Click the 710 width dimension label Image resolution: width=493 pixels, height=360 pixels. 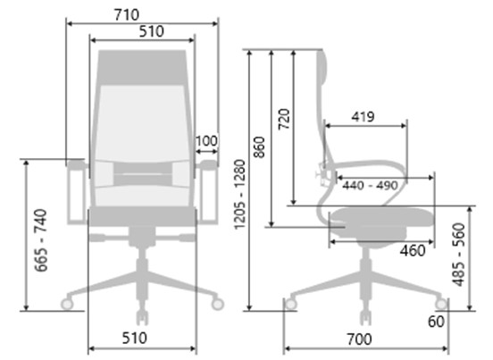click(x=127, y=15)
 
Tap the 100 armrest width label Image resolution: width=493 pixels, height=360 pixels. click(x=206, y=141)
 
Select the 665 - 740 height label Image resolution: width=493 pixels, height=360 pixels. click(x=41, y=240)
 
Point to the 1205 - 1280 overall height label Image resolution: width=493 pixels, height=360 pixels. click(x=240, y=195)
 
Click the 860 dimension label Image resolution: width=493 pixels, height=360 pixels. click(x=259, y=147)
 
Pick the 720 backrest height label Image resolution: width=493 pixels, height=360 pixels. click(x=284, y=119)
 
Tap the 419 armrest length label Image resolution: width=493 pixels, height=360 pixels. click(x=363, y=117)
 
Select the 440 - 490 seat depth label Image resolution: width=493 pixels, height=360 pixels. click(x=371, y=185)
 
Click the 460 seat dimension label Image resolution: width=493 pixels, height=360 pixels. click(x=413, y=251)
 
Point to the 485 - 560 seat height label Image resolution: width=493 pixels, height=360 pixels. click(x=459, y=255)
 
